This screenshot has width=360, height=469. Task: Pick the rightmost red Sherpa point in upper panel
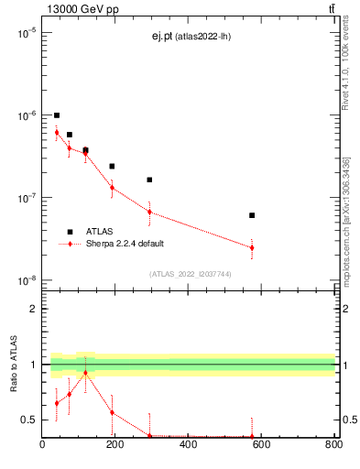pos(252,247)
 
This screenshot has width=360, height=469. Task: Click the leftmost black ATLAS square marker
pos(57,115)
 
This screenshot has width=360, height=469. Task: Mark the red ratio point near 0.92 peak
pos(85,373)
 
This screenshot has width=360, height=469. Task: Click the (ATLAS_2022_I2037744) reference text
pos(190,274)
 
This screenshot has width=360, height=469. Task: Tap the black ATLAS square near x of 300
pos(149,180)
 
